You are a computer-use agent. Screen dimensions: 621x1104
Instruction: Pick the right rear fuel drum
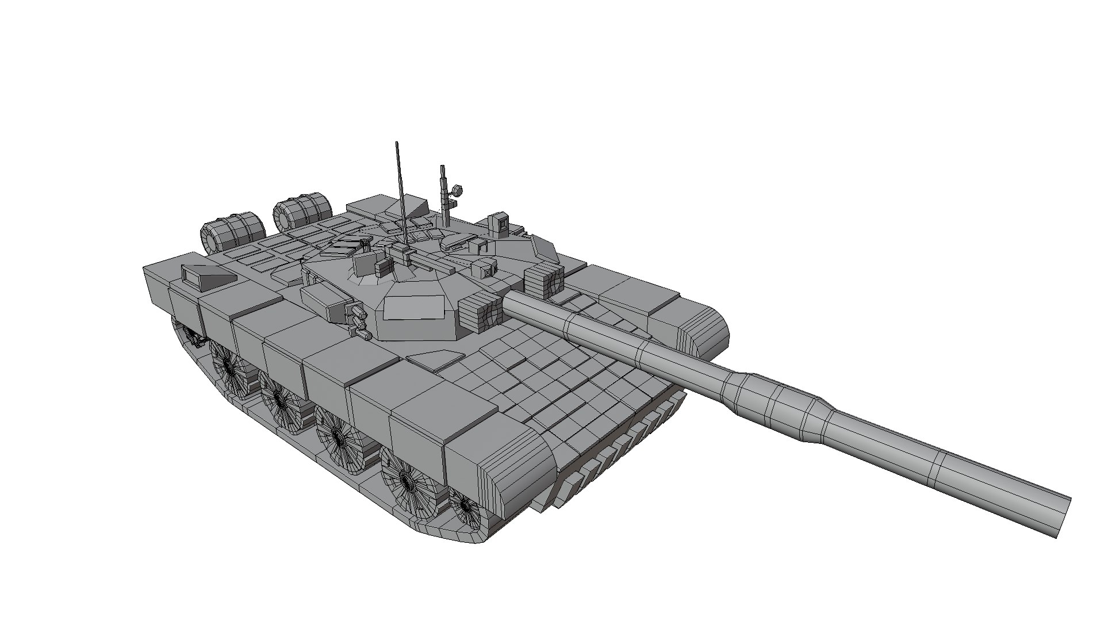point(302,208)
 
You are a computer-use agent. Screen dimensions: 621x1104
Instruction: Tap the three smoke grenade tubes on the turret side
point(360,322)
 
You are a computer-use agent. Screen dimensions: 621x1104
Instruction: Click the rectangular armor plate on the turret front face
point(416,307)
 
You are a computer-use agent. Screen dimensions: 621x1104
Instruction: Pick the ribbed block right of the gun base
point(542,281)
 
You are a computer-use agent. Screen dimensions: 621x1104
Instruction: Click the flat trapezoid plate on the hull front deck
point(435,359)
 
